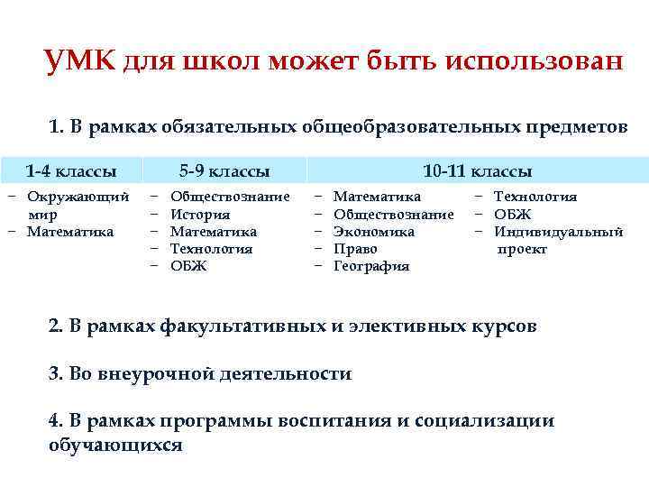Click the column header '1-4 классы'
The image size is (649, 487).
pos(70,170)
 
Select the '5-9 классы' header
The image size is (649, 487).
pos(224,170)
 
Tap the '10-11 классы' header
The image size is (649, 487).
pos(478,170)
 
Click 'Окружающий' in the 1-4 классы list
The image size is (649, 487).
pos(78,197)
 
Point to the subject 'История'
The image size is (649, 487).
pos(200,215)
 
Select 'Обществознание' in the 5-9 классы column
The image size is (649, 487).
pos(230,197)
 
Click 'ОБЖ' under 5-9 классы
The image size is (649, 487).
pos(188,266)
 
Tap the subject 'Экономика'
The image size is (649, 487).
pos(374,232)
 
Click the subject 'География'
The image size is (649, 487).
pos(371,266)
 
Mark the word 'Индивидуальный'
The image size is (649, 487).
pos(559,232)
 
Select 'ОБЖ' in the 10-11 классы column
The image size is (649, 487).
pos(513,215)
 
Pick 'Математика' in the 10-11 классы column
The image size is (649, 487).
pos(377,197)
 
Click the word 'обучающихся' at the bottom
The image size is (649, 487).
pos(115,446)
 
